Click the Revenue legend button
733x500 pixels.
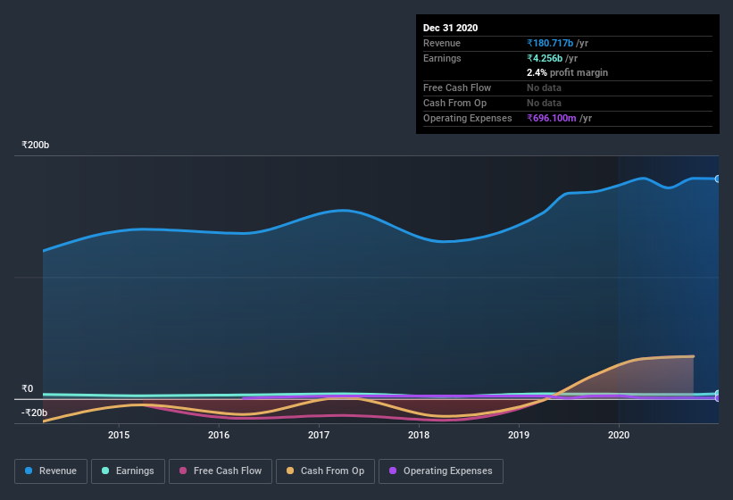click(51, 471)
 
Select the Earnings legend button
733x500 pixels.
click(128, 471)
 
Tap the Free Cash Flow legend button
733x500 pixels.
click(221, 471)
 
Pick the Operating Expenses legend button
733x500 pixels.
click(441, 471)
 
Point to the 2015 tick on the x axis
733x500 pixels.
click(119, 435)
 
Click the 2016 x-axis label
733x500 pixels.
click(219, 435)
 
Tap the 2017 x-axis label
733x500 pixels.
click(319, 435)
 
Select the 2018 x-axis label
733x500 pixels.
click(419, 435)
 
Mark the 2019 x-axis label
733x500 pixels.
click(519, 435)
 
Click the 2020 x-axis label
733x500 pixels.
click(618, 435)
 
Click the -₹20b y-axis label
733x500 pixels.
click(35, 412)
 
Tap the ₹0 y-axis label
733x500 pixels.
click(27, 388)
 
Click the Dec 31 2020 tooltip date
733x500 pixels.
click(450, 28)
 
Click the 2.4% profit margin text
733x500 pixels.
click(567, 72)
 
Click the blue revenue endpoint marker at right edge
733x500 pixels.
click(717, 179)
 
